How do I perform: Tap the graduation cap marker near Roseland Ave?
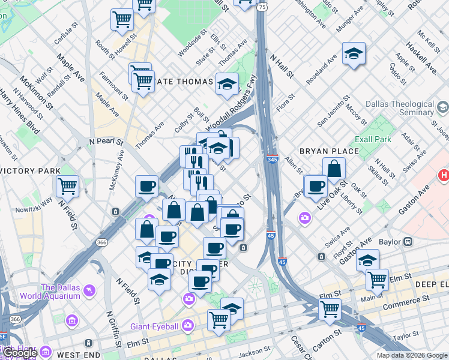(354, 53)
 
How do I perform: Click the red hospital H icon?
(444, 176)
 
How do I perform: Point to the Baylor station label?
(393, 242)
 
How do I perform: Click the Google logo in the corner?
(20, 353)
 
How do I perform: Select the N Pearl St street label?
(106, 142)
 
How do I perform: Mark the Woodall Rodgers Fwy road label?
(232, 104)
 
